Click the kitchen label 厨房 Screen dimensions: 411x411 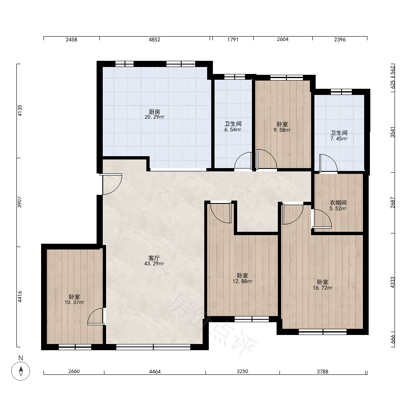(155, 112)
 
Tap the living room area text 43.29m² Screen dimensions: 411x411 (154, 264)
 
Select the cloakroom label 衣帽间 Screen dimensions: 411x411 (338, 203)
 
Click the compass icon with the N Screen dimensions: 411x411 (21, 371)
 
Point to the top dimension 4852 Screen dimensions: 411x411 (155, 39)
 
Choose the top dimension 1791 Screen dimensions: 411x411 (233, 39)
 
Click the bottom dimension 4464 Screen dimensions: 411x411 (155, 372)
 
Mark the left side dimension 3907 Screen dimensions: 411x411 (20, 202)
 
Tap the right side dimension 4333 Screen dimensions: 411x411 (393, 282)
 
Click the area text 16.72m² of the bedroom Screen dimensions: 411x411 (323, 288)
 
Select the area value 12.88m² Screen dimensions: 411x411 (242, 282)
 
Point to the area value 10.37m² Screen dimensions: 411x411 (74, 302)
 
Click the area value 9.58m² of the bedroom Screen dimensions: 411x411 (282, 130)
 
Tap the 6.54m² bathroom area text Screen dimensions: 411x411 (233, 130)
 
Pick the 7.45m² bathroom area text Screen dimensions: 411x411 (339, 139)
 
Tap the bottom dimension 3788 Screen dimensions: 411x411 (322, 372)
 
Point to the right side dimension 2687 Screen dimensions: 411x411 (393, 203)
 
